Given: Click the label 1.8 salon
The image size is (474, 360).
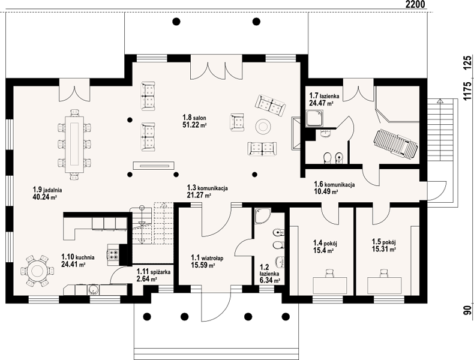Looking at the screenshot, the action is click(x=194, y=118).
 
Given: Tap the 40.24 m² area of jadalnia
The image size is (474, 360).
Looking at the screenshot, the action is click(x=44, y=197).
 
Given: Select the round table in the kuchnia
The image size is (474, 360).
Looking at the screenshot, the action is click(x=37, y=271).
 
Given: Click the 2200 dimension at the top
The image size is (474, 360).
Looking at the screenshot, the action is click(x=415, y=4).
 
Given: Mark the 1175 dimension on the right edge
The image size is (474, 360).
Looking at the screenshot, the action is click(x=468, y=91).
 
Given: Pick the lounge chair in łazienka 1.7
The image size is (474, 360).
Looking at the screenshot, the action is click(x=396, y=143).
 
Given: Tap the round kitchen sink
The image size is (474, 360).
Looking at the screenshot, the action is click(x=94, y=290).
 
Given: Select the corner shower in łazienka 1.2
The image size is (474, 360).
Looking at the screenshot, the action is click(x=261, y=216).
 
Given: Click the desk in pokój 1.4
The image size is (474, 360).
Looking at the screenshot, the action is click(x=330, y=286).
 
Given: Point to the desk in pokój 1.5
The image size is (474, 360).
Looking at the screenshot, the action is click(x=384, y=286).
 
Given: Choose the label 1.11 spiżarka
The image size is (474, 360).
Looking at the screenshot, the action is click(x=154, y=272).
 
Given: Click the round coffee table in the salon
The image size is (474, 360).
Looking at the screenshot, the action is click(x=263, y=126).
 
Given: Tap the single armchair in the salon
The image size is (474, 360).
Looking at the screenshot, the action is click(x=238, y=122).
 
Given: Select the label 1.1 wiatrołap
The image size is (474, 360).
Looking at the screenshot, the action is click(x=207, y=258).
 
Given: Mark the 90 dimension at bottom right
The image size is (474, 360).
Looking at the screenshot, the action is click(x=468, y=310).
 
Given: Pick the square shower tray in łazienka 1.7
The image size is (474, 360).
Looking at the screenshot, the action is click(x=314, y=118).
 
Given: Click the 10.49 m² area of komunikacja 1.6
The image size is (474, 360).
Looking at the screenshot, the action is click(x=326, y=191).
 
